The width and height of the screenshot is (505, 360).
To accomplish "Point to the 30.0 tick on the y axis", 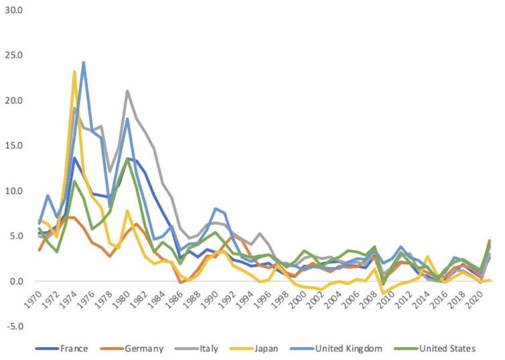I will tap(13, 11).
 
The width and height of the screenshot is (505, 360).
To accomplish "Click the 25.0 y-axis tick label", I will tap(13, 56).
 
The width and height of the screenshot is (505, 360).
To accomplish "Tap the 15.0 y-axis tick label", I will tap(13, 146).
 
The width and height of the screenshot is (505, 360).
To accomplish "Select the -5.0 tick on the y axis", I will tap(13, 326).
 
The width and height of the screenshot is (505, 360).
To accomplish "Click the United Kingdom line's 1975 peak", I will tap(84, 63).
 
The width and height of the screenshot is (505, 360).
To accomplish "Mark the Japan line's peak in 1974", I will tap(75, 72).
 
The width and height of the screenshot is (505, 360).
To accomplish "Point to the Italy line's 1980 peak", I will tap(127, 91).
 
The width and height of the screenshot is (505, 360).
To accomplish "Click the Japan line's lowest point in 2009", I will tap(383, 293).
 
